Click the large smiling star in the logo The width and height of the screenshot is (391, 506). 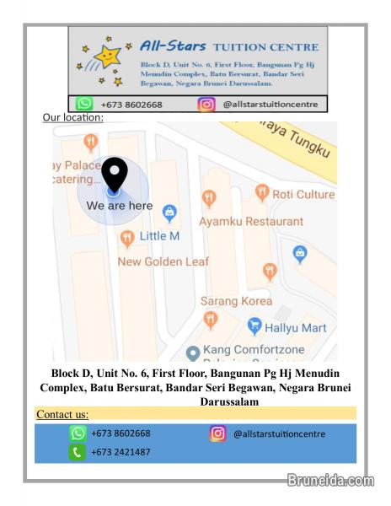coord(106,57)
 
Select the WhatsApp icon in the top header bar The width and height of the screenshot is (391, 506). coord(85,105)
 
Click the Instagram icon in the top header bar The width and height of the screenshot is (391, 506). coord(206,105)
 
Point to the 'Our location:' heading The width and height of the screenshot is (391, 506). coord(72,118)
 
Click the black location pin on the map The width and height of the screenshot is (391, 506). coord(114,175)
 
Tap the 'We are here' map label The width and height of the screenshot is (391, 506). coord(120,206)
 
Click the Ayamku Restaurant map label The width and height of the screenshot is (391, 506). coord(251,221)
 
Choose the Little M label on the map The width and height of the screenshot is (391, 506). coord(159,236)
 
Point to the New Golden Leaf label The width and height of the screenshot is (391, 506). coord(163,261)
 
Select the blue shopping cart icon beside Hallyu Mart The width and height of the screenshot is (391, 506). coord(254,326)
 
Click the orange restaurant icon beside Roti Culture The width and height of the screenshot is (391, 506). coord(261,193)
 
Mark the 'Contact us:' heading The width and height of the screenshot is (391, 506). coord(63,414)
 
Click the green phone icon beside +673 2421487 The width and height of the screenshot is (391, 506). coord(78,452)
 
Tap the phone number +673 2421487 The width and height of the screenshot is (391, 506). coord(121,452)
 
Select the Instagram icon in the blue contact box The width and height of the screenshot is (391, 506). coord(218,433)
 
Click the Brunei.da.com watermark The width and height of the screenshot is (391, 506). coord(329,482)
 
